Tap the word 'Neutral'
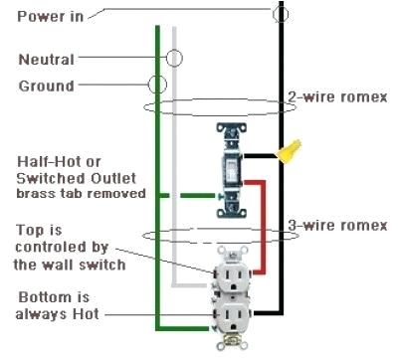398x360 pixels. tap(46, 59)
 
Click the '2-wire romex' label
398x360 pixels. tap(337, 96)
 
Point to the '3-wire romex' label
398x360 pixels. tap(337, 226)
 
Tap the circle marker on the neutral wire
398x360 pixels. tap(174, 58)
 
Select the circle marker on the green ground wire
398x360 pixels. tap(157, 86)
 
